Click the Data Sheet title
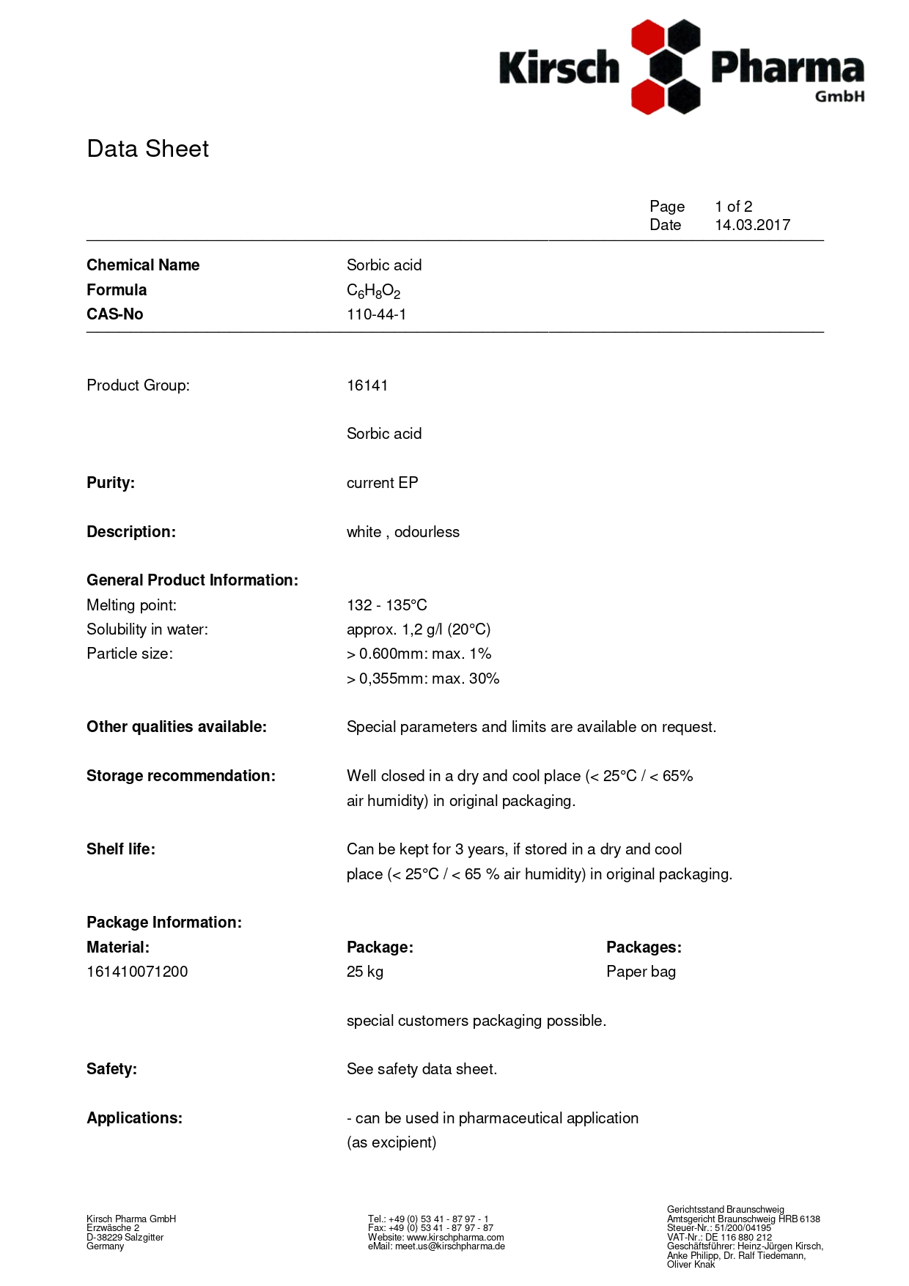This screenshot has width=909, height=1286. pos(147,149)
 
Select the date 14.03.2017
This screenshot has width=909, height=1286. pos(752,225)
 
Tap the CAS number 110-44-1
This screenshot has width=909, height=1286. pos(376,314)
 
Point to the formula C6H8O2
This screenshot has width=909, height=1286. pos(373,291)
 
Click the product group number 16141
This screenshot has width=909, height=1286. pos(367,385)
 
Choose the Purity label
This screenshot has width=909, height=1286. pos(111,483)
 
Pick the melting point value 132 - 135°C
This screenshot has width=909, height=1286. pos(386,605)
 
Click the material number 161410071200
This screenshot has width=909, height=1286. pos(137,972)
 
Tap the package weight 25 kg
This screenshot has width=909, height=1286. pos(364,972)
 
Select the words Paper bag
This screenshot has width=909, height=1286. pos(641,972)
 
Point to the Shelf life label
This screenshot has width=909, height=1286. pos(121,849)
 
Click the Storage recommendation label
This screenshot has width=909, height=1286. pos(180,776)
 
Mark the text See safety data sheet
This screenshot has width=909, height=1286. pos(422,1069)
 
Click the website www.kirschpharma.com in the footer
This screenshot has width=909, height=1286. pos(455,1237)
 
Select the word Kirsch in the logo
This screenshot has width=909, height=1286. pos(559,68)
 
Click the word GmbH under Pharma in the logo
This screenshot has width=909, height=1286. pos(839,96)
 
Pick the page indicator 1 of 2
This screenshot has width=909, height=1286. pos(733,207)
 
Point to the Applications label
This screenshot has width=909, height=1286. pos(134,1118)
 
